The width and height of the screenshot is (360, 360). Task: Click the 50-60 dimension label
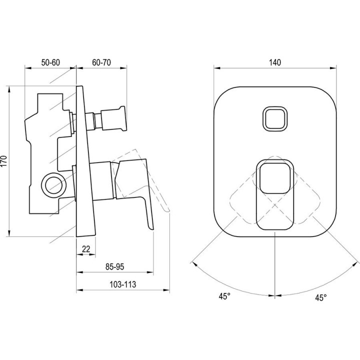click(50, 62)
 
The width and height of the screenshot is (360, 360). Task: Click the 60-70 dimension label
click(101, 62)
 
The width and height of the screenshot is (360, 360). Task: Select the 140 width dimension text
click(275, 62)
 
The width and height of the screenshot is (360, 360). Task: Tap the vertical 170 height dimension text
click(4, 161)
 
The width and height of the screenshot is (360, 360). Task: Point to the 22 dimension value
click(86, 249)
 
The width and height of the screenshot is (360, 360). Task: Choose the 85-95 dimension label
click(114, 266)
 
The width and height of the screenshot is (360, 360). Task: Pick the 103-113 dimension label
click(122, 284)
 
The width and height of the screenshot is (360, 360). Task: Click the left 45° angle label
click(224, 296)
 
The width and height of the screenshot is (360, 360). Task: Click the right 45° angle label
click(320, 298)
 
